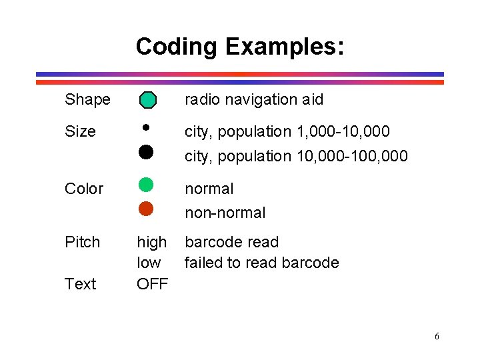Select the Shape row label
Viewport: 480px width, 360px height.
click(x=87, y=100)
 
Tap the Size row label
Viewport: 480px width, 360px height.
click(x=80, y=131)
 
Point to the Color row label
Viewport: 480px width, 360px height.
click(x=84, y=189)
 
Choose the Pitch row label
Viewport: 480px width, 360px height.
click(x=82, y=242)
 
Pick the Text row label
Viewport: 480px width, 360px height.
click(x=81, y=284)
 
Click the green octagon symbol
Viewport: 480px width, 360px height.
click(x=147, y=100)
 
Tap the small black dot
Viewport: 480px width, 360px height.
click(x=146, y=125)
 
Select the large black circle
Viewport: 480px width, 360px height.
click(x=146, y=152)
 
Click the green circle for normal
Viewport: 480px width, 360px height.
click(x=146, y=185)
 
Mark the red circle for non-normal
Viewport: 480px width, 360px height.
click(x=146, y=209)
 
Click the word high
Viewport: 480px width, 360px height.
click(x=152, y=242)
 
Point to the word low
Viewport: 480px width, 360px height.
click(x=149, y=263)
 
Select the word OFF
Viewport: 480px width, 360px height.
click(x=153, y=284)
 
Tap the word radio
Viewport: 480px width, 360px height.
click(x=202, y=100)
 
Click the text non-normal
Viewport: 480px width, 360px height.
click(x=225, y=213)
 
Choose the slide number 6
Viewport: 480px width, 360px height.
click(x=437, y=336)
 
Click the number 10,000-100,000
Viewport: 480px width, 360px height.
click(x=350, y=156)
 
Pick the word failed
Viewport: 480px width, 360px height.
click(x=204, y=263)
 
